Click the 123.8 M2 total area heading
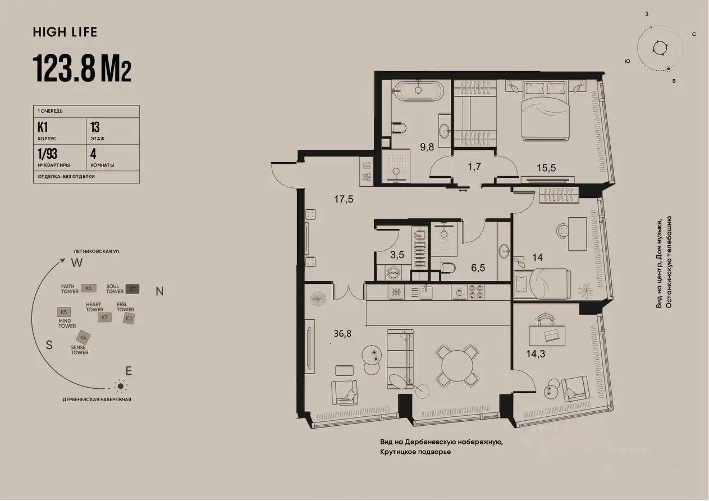83,68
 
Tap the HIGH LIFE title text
65,32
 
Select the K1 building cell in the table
59,131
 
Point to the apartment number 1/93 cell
59,157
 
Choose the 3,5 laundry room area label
397,254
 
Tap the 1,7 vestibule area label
475,166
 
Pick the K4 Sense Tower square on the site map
84,337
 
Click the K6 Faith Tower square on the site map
88,288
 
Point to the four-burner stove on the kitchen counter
477,292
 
